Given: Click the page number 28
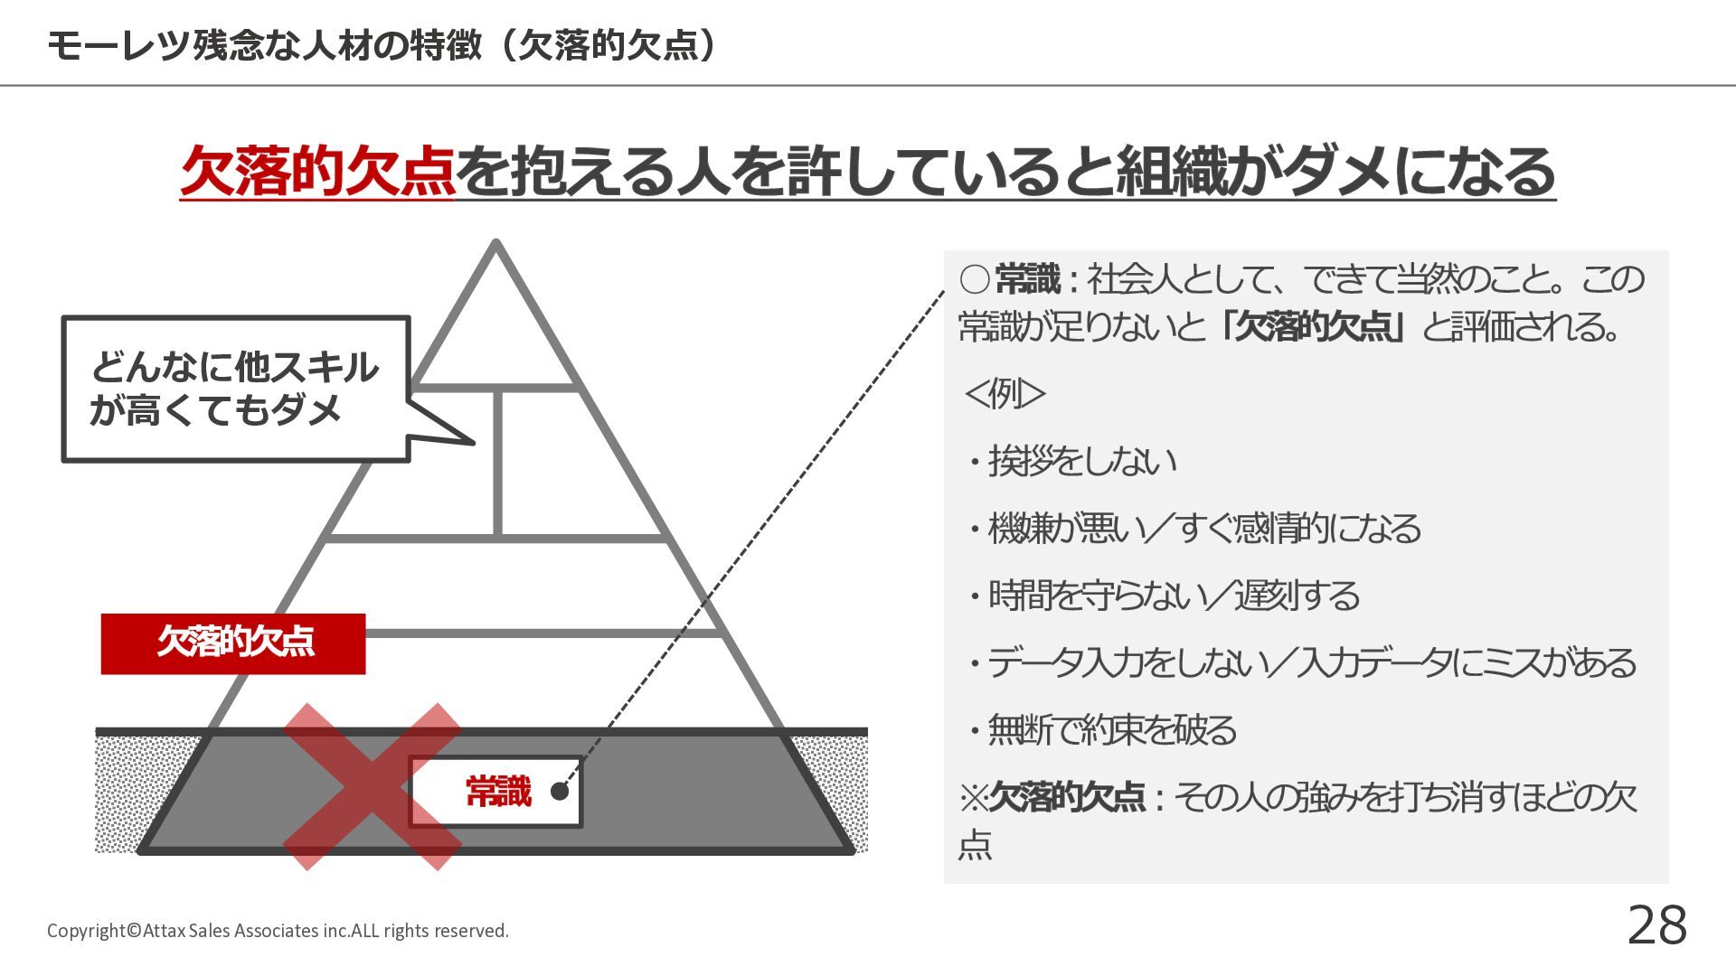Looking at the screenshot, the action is coord(1656,925).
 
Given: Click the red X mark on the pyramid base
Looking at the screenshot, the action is coord(372,786).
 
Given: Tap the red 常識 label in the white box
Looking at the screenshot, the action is coord(498,792).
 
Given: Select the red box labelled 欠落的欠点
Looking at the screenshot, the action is coord(233,643).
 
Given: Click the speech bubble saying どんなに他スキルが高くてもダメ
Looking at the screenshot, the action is coord(235,389).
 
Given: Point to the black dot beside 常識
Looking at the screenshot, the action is coord(560,792).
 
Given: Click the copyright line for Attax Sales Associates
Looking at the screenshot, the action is coord(278,931).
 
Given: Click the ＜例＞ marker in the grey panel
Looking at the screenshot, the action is coord(1005,394).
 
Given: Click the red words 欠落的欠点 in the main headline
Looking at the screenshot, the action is coord(317,171).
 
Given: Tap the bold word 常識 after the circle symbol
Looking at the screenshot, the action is coord(1028,280).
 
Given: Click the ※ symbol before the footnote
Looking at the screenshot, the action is coord(974,798).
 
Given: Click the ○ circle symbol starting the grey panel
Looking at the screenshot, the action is coord(975,280).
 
